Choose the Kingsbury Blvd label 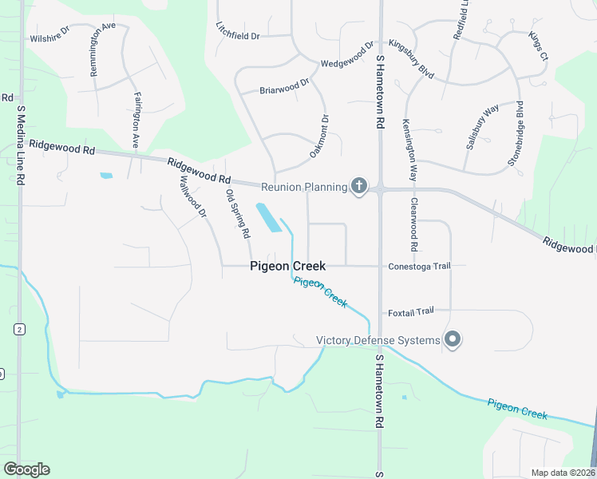pyautogui.click(x=411, y=58)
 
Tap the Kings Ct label pyautogui.click(x=539, y=46)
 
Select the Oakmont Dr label pyautogui.click(x=319, y=136)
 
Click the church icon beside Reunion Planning pyautogui.click(x=359, y=187)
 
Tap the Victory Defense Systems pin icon pyautogui.click(x=453, y=340)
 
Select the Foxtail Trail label pyautogui.click(x=411, y=311)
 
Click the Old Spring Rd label pyautogui.click(x=238, y=214)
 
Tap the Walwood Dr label pyautogui.click(x=194, y=197)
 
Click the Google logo pyautogui.click(x=26, y=469)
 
